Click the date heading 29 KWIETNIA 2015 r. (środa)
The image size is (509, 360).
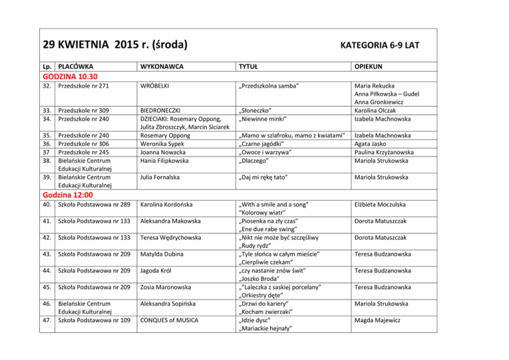pos(114,45)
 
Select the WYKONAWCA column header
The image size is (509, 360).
pos(162,67)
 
